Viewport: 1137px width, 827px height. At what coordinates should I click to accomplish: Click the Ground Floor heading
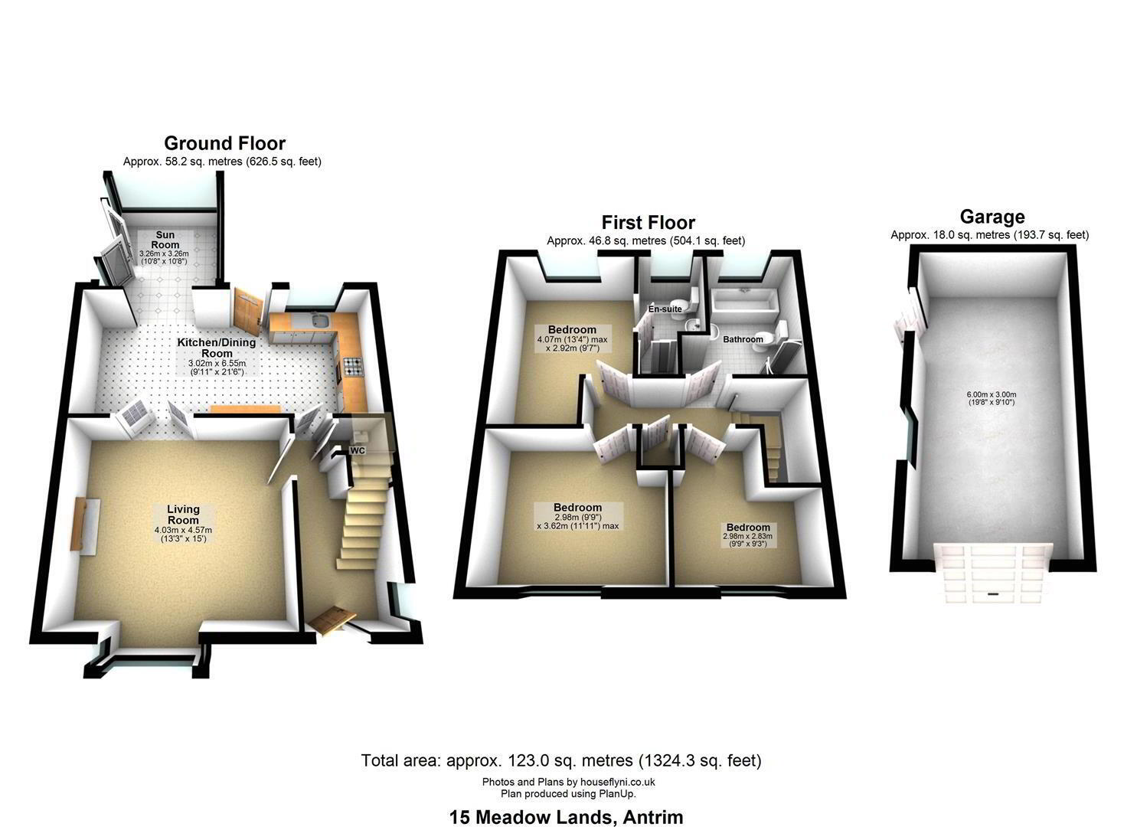click(x=225, y=143)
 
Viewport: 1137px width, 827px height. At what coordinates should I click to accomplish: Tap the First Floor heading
click(x=649, y=222)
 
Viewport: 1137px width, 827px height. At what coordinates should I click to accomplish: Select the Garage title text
click(x=992, y=217)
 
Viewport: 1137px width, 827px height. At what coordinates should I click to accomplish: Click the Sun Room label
click(x=165, y=240)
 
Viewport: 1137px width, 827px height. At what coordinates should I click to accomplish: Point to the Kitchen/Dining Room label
click(x=217, y=348)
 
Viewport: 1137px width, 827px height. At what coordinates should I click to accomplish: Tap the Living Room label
click(x=183, y=515)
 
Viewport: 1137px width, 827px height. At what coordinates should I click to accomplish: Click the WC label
click(x=358, y=450)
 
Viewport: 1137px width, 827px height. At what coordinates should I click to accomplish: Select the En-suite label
click(x=665, y=309)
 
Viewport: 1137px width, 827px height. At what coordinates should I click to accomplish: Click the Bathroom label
click(x=743, y=339)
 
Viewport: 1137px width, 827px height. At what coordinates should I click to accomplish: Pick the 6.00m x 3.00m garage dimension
click(x=992, y=394)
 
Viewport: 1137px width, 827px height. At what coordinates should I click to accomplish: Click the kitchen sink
click(x=321, y=321)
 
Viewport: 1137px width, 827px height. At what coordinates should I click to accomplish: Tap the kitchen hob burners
click(x=353, y=367)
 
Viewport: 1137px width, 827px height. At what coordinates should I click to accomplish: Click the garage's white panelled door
click(x=993, y=573)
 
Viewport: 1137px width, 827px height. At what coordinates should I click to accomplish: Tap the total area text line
click(x=561, y=760)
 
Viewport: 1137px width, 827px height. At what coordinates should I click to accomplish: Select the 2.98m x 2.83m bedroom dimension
click(x=748, y=536)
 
